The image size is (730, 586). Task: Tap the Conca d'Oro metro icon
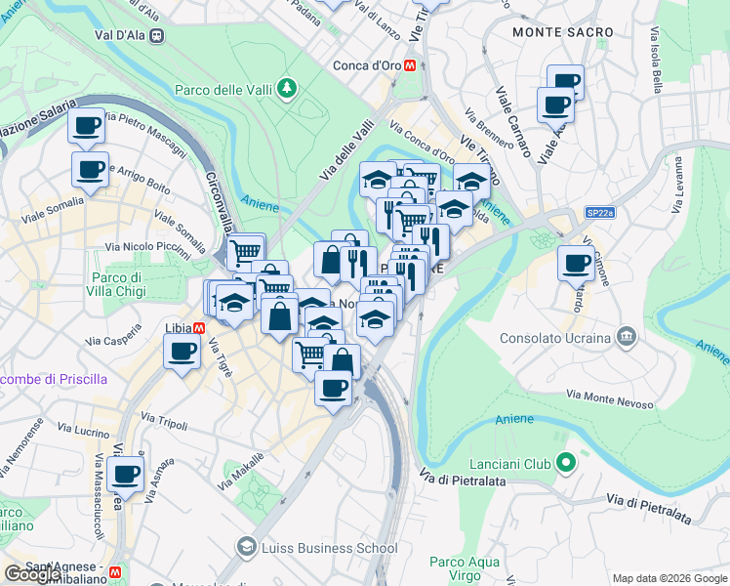(412, 65)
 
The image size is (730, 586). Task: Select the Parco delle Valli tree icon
(287, 90)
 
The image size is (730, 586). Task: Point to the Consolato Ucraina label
(555, 339)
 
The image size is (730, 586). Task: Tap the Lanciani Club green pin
(564, 464)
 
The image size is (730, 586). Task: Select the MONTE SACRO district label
(563, 32)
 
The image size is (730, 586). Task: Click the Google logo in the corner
(32, 574)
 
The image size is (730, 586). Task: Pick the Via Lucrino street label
(83, 430)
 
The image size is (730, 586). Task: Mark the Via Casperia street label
(113, 342)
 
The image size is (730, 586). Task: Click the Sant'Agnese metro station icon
(115, 571)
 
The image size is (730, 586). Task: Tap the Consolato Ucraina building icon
(626, 338)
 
